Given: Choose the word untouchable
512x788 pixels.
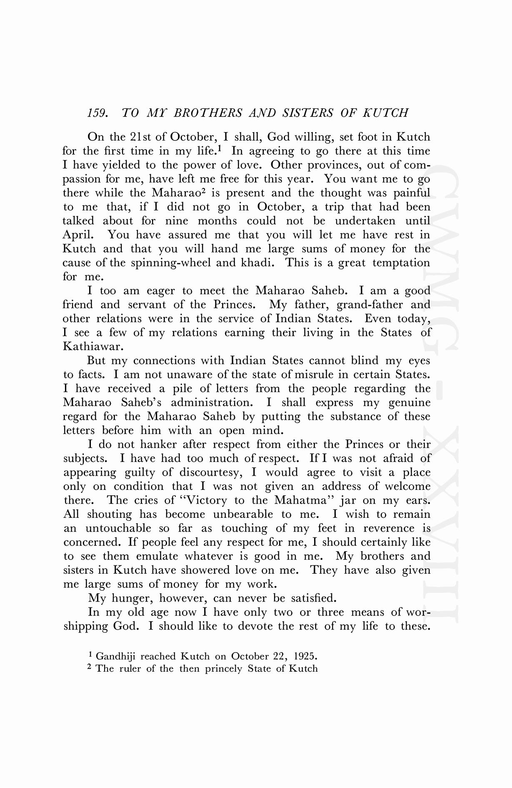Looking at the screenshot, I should point(118,528).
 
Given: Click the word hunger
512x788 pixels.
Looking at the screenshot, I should point(127,598).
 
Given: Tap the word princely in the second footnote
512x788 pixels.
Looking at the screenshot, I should point(221,669).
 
